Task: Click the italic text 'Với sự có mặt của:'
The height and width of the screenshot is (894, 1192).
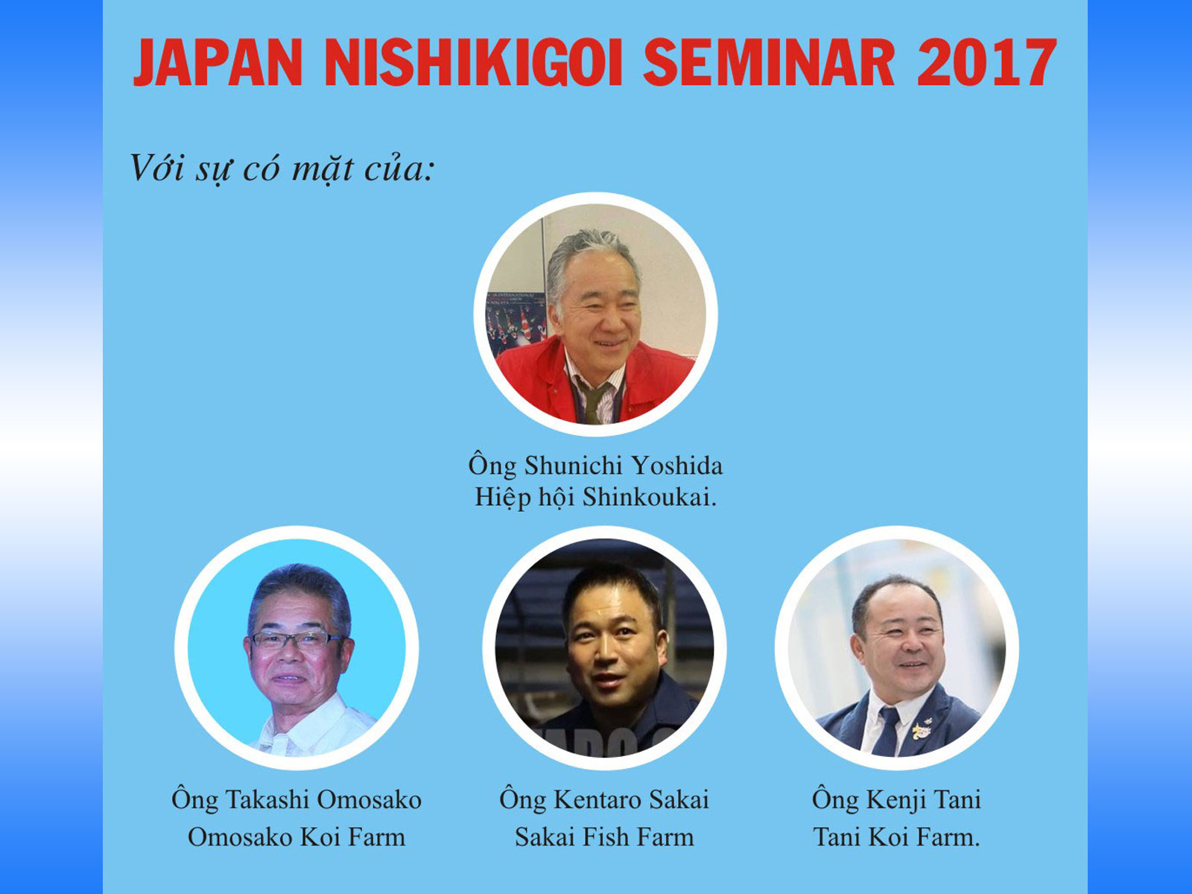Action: click(x=282, y=169)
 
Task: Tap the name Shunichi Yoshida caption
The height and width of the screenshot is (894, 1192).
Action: click(x=595, y=466)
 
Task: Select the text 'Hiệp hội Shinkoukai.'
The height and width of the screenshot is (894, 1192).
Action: click(x=595, y=497)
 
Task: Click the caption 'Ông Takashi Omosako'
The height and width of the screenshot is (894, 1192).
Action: click(x=297, y=799)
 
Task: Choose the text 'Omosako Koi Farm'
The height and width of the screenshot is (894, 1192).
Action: click(x=297, y=837)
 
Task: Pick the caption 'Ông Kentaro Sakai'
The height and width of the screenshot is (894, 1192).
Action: click(x=604, y=799)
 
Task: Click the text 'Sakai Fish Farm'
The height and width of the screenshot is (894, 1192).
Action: click(x=604, y=837)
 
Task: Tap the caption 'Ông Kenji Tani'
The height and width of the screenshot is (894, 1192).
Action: click(x=896, y=799)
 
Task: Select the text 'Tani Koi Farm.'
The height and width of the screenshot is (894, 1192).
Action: click(x=896, y=837)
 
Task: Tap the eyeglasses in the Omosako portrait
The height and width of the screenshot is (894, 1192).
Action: click(x=296, y=639)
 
